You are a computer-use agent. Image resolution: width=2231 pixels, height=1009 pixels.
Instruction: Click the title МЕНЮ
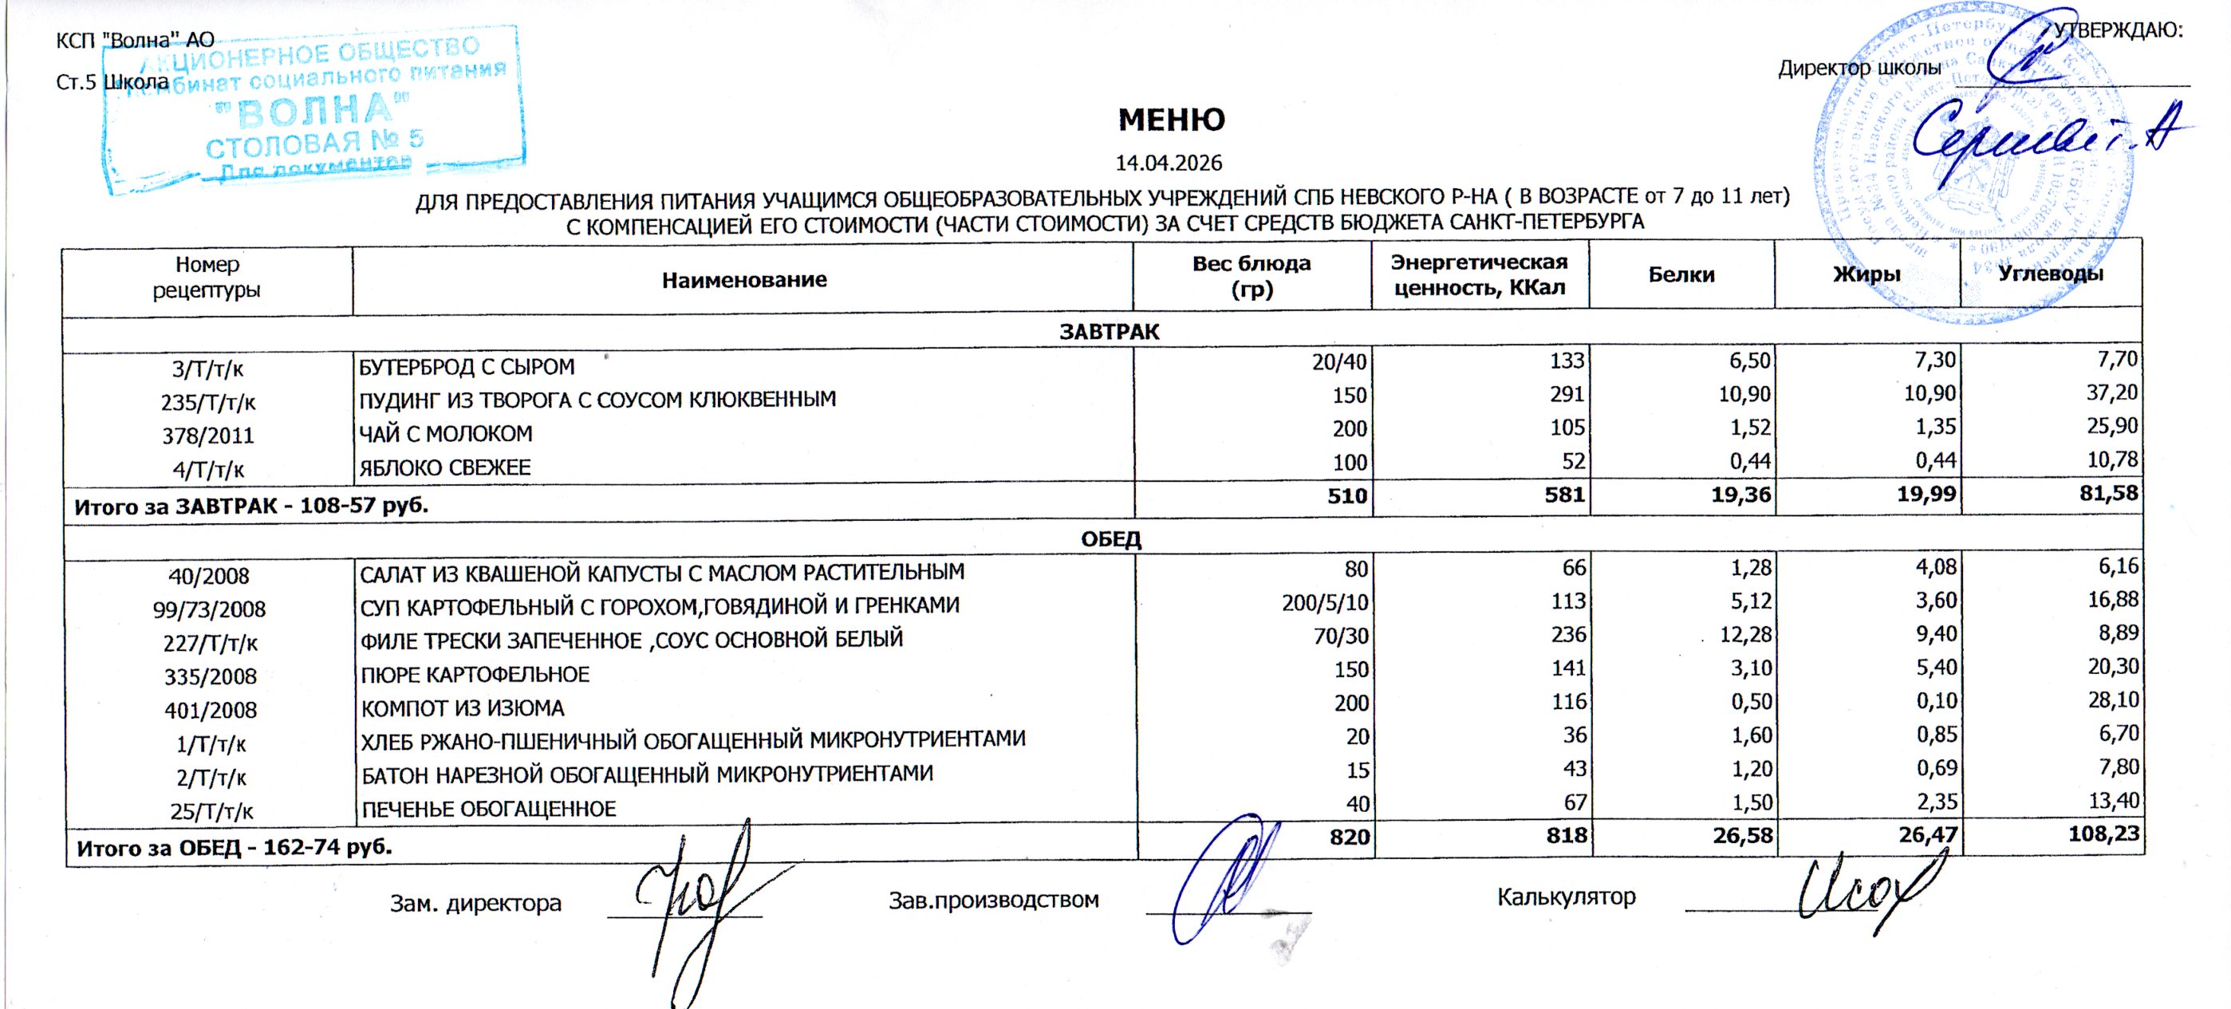coord(1171,120)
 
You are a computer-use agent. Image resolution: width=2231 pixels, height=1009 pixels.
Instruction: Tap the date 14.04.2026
coord(1169,163)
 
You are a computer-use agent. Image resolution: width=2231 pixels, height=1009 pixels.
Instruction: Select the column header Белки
coord(1681,274)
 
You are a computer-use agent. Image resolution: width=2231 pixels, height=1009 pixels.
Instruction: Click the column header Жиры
coord(1866,274)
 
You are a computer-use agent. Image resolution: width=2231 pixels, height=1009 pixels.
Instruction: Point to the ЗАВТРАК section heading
coord(1109,332)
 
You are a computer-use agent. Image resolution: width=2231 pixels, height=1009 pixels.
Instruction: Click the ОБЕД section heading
coord(1110,538)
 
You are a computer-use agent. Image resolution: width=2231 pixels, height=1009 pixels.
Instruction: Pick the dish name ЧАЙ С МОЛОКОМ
coord(445,434)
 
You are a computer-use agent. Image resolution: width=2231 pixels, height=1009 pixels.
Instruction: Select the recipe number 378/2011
coord(208,436)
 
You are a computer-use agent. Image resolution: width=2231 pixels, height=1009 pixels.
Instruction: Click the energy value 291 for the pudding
coord(1567,395)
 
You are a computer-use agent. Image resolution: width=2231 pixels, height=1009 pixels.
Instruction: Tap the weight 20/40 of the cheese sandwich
coord(1339,362)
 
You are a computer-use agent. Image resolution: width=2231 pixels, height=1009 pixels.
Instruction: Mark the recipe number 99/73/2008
coord(209,609)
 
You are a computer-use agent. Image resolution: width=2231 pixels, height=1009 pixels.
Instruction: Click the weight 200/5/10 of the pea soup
coord(1325,603)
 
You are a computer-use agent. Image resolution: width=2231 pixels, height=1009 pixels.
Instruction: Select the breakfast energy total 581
coord(1564,495)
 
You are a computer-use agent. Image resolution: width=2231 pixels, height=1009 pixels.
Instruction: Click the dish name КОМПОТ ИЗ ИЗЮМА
coord(463,708)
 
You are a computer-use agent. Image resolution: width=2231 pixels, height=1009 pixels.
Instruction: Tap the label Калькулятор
coord(1566,897)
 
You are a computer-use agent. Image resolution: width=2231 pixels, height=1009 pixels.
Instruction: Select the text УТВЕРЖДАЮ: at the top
coord(2118,31)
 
